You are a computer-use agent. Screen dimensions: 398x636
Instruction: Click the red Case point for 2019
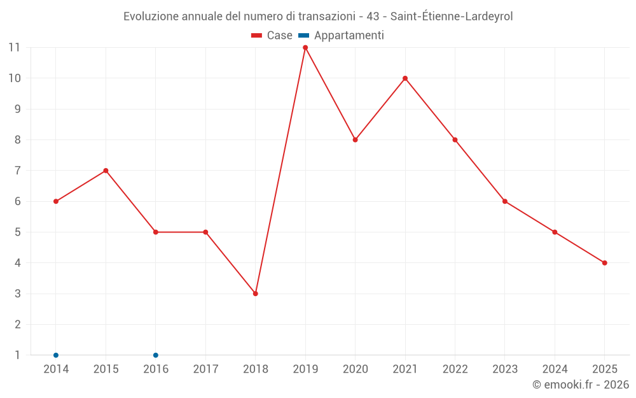[x=305, y=48]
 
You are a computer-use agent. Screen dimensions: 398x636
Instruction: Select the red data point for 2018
[x=256, y=294]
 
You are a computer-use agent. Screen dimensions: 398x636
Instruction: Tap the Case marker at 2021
[x=405, y=78]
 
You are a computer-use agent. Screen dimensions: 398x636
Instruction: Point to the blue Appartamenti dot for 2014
[x=56, y=355]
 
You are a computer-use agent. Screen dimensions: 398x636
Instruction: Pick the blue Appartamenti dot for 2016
[x=156, y=355]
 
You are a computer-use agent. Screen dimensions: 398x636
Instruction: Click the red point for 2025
[x=604, y=263]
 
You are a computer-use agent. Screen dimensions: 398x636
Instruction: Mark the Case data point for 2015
[x=106, y=171]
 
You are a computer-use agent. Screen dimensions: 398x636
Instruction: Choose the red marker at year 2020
[x=355, y=140]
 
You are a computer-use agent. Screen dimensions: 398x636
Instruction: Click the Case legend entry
[x=272, y=36]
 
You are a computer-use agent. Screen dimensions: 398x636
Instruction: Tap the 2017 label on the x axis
[x=205, y=369]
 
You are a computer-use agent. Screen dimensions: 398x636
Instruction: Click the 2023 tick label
[x=505, y=369]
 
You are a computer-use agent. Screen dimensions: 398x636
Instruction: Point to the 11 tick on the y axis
[x=14, y=48]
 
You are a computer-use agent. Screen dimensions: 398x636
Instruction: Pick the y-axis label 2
[x=17, y=325]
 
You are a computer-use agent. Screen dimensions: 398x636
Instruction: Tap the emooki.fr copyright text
[x=581, y=385]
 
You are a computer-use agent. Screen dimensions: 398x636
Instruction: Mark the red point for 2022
[x=455, y=140]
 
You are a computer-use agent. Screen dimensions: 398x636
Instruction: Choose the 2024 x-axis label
[x=555, y=369]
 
